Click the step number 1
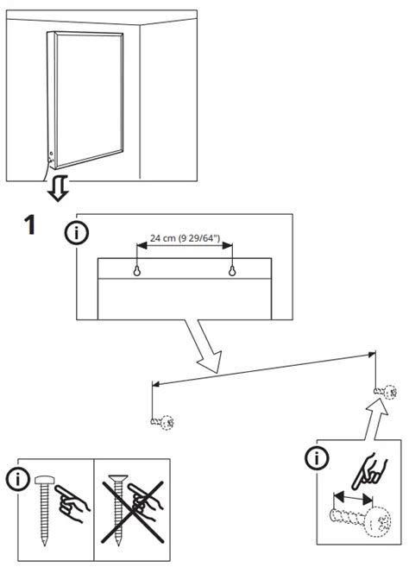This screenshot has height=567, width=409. (28, 226)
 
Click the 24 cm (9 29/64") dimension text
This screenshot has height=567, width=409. (183, 238)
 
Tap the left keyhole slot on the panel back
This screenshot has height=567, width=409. (136, 271)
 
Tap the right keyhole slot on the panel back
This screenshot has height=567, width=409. (232, 271)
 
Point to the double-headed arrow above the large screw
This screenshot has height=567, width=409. (351, 498)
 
